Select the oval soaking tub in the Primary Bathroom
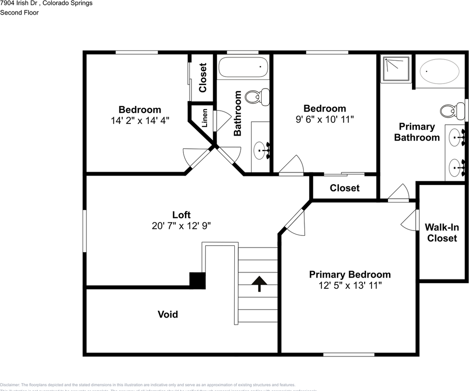click(439, 71)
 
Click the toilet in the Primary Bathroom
click(452, 111)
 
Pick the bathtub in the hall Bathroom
click(243, 67)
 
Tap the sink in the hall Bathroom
click(261, 151)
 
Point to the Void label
click(168, 314)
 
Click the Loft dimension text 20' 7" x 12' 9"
click(181, 226)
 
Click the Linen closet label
click(205, 118)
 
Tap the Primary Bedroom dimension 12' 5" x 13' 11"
click(350, 286)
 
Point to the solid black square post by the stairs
click(197, 281)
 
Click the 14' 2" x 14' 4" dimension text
click(140, 121)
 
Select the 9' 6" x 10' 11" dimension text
click(325, 119)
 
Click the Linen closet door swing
click(222, 121)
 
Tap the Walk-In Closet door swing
click(410, 222)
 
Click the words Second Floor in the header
click(19, 13)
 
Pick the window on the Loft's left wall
click(85, 231)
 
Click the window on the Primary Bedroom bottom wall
click(349, 354)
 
